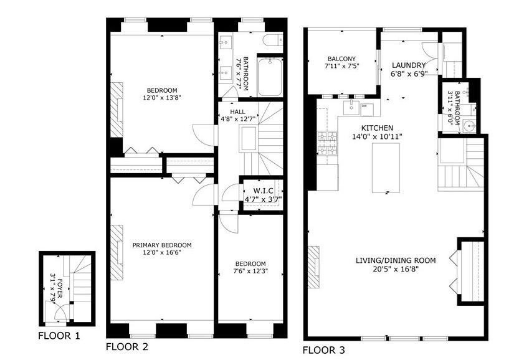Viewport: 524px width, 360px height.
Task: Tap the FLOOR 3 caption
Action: [323, 350]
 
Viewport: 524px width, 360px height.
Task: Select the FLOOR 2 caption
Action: [127, 346]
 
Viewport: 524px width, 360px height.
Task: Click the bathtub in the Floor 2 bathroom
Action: [269, 77]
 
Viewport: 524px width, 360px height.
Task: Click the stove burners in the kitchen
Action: [328, 143]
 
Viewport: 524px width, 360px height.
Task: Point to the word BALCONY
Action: [340, 59]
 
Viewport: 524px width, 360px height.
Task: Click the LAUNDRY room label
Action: [408, 65]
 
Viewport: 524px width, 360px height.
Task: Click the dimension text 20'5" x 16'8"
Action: [396, 269]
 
